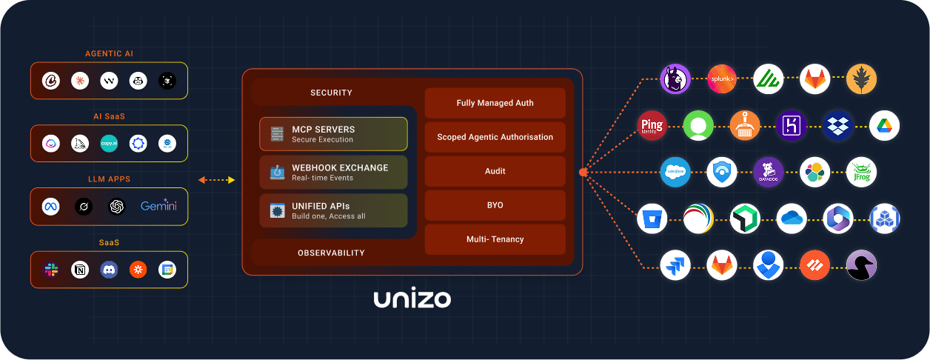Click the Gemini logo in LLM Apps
click(158, 207)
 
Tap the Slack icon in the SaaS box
click(51, 270)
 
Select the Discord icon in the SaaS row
click(109, 270)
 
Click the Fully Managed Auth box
click(495, 103)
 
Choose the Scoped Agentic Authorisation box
click(495, 137)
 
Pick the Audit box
click(495, 171)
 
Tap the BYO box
click(495, 205)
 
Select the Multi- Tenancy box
click(495, 239)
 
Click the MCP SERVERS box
click(333, 134)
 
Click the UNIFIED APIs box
click(333, 210)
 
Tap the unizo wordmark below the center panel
click(412, 299)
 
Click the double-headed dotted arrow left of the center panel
click(216, 180)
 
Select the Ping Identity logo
click(652, 126)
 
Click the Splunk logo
click(721, 79)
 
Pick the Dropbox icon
click(837, 126)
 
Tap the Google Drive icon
click(883, 126)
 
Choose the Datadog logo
click(768, 172)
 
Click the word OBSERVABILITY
click(331, 253)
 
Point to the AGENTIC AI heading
click(109, 53)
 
